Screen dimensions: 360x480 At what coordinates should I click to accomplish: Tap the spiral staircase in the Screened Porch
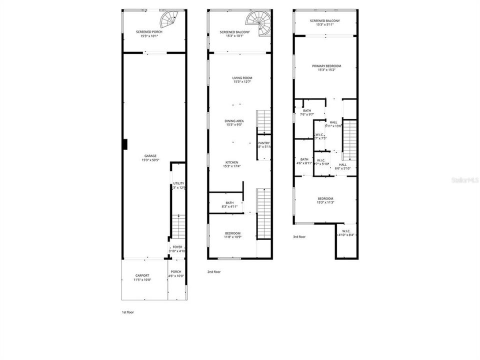[x=168, y=20]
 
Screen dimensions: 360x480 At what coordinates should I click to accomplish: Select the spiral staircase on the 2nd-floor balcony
[x=258, y=23]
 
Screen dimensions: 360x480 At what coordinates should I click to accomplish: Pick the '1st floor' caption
[x=127, y=312]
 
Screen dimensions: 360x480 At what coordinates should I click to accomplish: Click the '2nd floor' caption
[x=214, y=271]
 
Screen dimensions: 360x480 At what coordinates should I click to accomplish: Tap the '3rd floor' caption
[x=299, y=237]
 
